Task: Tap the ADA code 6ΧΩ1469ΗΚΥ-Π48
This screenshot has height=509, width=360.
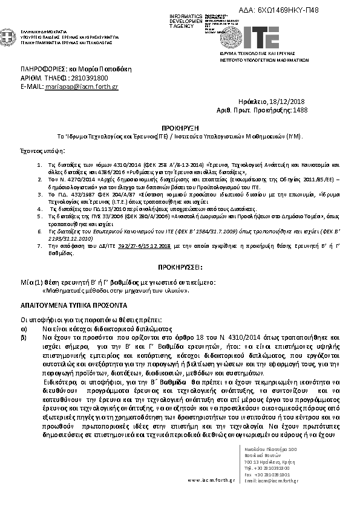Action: pyautogui.click(x=289, y=10)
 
